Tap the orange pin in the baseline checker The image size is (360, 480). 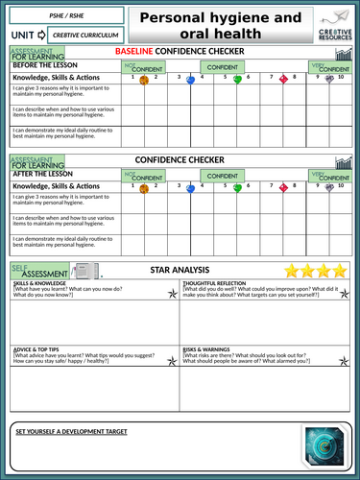pos(144,80)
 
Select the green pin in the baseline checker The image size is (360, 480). pos(237,80)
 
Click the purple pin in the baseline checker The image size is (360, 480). pos(330,80)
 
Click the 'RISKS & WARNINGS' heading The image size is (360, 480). pos(210,349)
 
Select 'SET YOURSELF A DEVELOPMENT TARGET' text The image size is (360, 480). pos(84,432)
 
